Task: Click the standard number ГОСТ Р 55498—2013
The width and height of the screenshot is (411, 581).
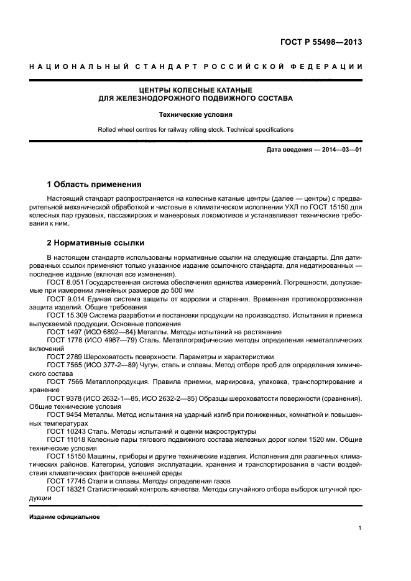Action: (318, 43)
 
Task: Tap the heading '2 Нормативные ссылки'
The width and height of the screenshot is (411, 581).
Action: (96, 242)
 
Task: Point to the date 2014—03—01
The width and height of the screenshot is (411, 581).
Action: (339, 150)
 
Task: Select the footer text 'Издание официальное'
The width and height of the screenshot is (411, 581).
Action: (65, 516)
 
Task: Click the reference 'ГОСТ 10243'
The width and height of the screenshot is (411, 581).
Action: (65, 432)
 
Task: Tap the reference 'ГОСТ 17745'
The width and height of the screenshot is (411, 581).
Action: (65, 482)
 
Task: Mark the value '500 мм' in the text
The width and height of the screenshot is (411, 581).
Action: (182, 291)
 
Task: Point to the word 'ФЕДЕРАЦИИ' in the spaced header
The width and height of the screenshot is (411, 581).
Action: (333, 66)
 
